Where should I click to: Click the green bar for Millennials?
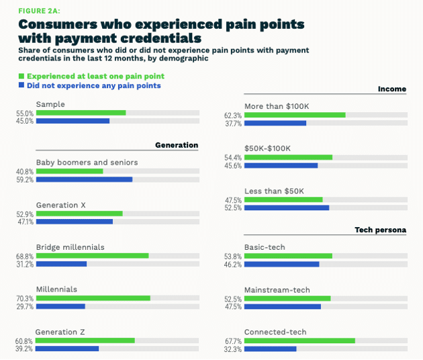tap(93, 298)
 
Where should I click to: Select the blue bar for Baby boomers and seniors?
tap(84, 179)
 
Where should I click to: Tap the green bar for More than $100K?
tap(295, 115)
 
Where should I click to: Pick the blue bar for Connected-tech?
tap(270, 349)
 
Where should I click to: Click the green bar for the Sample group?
tap(81, 112)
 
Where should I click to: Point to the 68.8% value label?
tap(25, 256)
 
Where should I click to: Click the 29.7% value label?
tap(25, 306)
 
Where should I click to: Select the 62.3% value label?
tap(234, 115)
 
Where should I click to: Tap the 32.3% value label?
tap(234, 349)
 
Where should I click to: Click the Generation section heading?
tap(177, 145)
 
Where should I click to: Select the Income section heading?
tap(392, 89)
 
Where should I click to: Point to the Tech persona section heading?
tap(380, 230)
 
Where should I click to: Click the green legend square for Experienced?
tap(21, 76)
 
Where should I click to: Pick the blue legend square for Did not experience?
tap(21, 85)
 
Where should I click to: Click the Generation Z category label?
tap(60, 332)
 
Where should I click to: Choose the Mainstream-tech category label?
tap(277, 289)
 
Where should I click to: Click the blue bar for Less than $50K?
tap(287, 208)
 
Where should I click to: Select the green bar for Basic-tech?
tap(288, 256)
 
